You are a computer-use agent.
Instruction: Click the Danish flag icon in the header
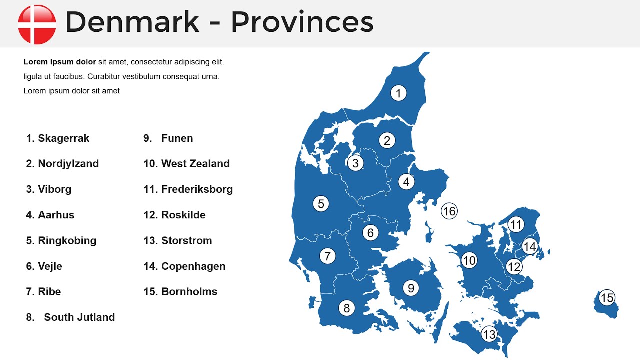click(x=37, y=24)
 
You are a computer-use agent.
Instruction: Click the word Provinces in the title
click(x=302, y=22)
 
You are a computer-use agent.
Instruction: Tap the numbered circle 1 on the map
click(x=398, y=93)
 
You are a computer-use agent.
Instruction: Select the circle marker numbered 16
click(x=449, y=211)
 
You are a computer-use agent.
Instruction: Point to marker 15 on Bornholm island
click(x=606, y=298)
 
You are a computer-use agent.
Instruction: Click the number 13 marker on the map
click(x=489, y=334)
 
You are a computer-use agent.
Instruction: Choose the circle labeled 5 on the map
click(x=321, y=203)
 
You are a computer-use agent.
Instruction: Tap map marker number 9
click(x=411, y=288)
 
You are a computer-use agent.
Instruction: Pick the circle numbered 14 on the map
click(x=529, y=246)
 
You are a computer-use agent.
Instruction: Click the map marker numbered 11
click(x=516, y=225)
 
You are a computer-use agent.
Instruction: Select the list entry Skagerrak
click(x=63, y=138)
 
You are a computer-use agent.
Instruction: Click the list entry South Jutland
click(x=79, y=317)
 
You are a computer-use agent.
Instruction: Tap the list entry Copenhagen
click(x=193, y=266)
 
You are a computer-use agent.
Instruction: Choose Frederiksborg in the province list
click(x=197, y=189)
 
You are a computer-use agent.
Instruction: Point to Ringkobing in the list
click(x=67, y=240)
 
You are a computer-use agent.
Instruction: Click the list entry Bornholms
click(x=189, y=292)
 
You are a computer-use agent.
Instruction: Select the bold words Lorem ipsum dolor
click(x=60, y=62)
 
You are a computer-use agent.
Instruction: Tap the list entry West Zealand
click(x=195, y=164)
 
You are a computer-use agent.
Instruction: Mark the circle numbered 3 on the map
click(x=355, y=163)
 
